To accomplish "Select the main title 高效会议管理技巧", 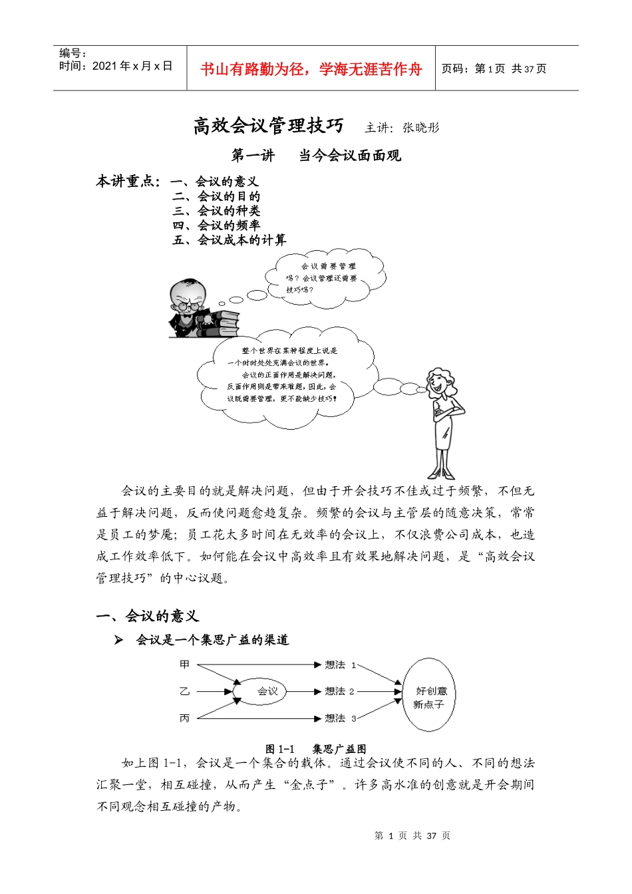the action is (268, 126).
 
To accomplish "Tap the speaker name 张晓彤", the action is (420, 128).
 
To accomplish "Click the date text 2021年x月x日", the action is (132, 66).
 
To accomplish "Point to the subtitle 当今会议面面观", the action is (350, 156).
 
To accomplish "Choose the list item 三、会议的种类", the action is (217, 211).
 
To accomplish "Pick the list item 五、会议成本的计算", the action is (230, 240).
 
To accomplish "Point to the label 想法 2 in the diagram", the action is (339, 692).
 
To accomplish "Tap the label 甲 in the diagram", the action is (184, 665).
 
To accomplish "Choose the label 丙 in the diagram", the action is (184, 718).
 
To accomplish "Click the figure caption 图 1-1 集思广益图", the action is (315, 749).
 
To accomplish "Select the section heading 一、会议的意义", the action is (147, 617).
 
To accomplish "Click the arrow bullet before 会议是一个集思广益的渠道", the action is (118, 640).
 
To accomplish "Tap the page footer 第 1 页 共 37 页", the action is (412, 835).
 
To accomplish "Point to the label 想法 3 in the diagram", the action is (340, 718).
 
